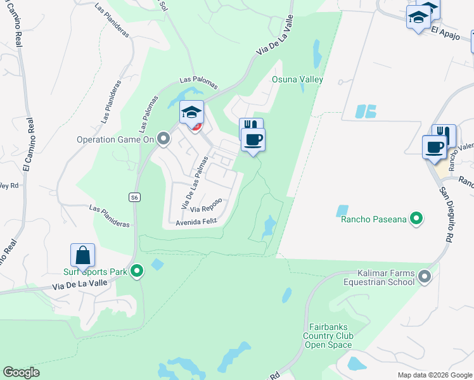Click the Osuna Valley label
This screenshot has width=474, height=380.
(x=297, y=79)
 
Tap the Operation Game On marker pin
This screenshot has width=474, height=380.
(x=164, y=138)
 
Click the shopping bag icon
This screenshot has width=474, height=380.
(x=83, y=256)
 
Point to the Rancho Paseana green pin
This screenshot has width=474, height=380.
(x=416, y=219)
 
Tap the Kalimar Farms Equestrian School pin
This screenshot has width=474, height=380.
(x=424, y=276)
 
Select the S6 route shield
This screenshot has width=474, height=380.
(x=134, y=198)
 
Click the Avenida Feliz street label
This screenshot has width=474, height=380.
(x=196, y=221)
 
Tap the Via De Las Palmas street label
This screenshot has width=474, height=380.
(x=195, y=184)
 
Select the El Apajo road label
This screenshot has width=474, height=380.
(x=444, y=30)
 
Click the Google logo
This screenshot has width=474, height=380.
(x=21, y=372)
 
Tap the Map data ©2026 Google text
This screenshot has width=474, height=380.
(x=434, y=375)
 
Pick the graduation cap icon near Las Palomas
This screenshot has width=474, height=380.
(x=191, y=113)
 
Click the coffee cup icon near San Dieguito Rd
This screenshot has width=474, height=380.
(x=435, y=147)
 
